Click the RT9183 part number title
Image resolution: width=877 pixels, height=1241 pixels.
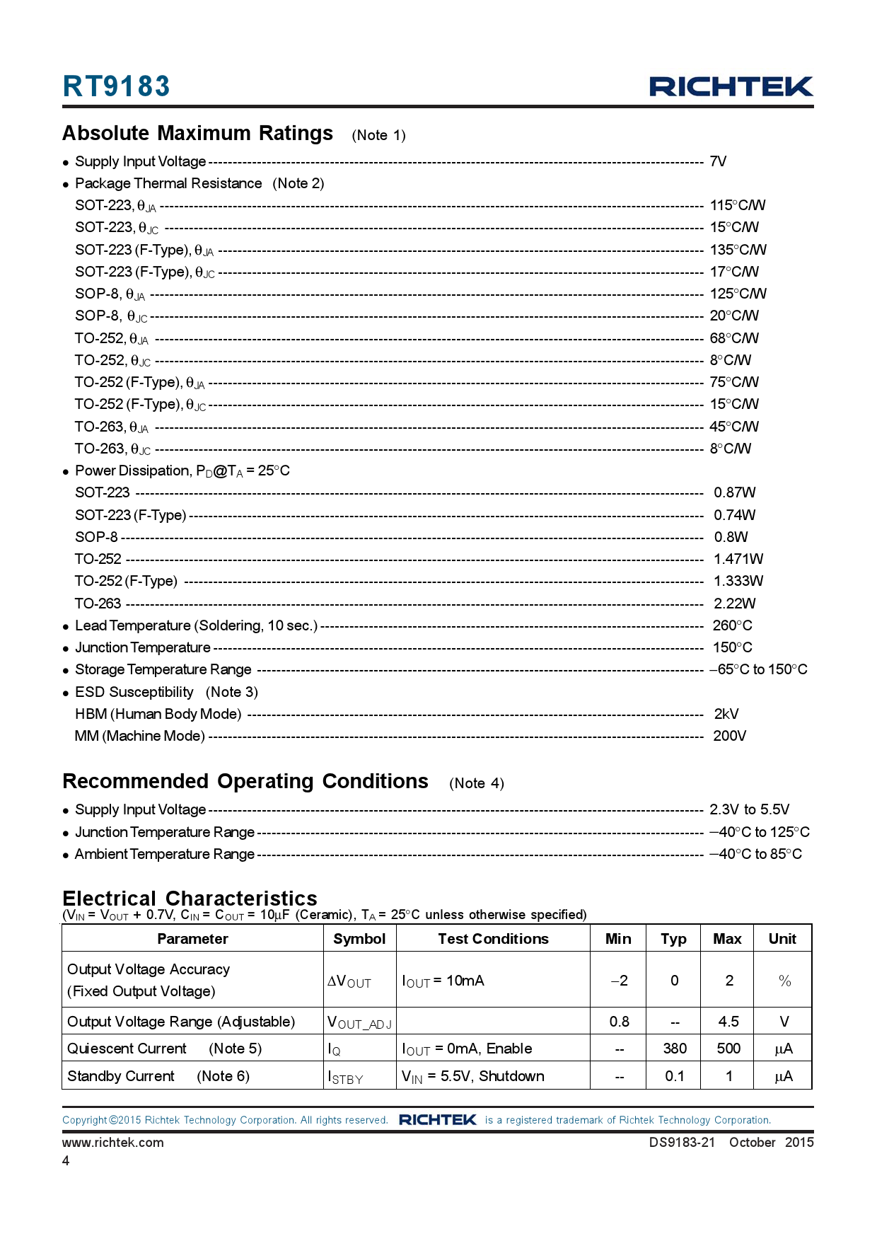tap(116, 86)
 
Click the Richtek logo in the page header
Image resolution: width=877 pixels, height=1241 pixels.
tap(731, 86)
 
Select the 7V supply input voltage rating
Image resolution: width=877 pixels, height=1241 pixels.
tap(718, 161)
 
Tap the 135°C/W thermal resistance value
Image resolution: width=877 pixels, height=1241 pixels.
tap(738, 250)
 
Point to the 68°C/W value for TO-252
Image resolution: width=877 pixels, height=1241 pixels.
tap(733, 338)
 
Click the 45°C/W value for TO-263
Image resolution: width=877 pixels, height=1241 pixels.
tap(733, 427)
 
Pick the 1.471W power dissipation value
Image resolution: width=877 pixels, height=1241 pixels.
tap(738, 559)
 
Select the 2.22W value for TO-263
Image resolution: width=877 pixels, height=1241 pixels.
tap(734, 604)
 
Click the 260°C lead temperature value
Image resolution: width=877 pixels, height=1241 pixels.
tap(732, 625)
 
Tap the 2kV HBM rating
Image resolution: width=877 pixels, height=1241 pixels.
tap(726, 714)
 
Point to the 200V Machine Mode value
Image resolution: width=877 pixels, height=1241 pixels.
tap(729, 736)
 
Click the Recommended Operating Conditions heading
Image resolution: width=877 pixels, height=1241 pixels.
tap(245, 781)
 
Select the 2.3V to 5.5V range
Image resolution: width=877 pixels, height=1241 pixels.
tap(749, 809)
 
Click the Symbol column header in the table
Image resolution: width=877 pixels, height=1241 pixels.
tap(359, 939)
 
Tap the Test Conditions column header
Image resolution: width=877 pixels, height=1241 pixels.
tap(493, 939)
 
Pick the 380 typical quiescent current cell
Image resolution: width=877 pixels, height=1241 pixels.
tap(675, 1049)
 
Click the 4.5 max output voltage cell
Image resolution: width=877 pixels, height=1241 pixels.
tap(728, 1022)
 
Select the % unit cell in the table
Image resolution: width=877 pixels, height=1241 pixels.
tap(784, 981)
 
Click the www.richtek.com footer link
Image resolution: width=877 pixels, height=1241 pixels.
tap(113, 1143)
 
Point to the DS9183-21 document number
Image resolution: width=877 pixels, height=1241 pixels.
tap(682, 1143)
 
